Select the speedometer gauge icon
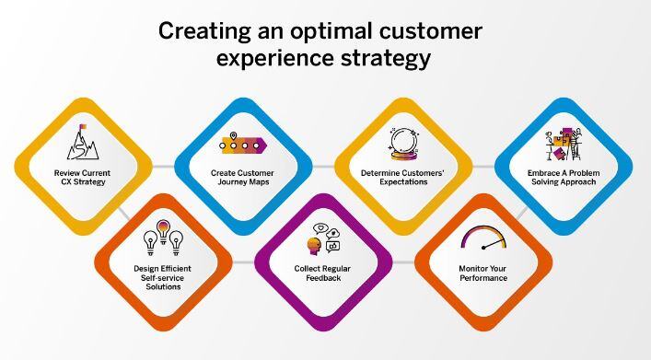[x=483, y=238]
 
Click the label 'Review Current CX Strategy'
[x=81, y=177]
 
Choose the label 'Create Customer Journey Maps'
[x=242, y=177]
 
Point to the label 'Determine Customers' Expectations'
[x=402, y=177]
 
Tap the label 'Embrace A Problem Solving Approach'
[x=564, y=177]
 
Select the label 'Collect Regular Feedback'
[x=323, y=273]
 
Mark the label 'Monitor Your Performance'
[x=483, y=273]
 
